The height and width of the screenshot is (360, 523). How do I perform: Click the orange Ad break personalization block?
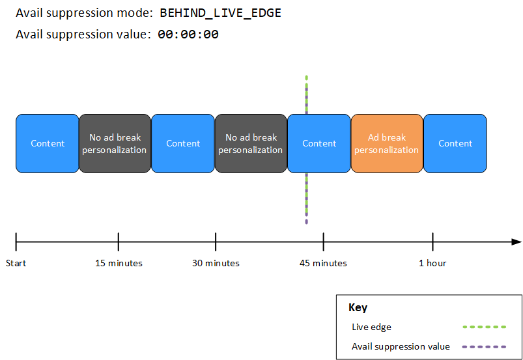(386, 144)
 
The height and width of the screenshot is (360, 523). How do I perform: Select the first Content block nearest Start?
(48, 144)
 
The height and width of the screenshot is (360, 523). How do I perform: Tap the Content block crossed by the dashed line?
(319, 144)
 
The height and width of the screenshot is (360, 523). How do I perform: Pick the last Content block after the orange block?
(455, 144)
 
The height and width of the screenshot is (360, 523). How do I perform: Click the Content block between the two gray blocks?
(183, 144)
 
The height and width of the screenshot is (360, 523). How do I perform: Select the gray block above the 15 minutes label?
(115, 144)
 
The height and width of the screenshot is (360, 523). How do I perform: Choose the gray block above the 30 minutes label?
(250, 144)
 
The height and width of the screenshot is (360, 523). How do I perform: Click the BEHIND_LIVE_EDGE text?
(220, 13)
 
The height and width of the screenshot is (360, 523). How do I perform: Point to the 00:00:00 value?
(188, 35)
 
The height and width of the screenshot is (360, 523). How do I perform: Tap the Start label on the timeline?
(16, 264)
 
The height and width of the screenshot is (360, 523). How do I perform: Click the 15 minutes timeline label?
(119, 264)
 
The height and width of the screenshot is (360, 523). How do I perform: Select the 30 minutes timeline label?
(216, 264)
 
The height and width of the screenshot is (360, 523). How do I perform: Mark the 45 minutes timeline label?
(323, 264)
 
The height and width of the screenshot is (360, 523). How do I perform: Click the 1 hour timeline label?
(432, 264)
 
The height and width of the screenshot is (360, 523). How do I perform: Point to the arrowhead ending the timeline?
(516, 242)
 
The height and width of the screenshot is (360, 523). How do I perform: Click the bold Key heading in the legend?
(358, 308)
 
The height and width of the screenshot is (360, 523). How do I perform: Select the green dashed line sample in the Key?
(483, 327)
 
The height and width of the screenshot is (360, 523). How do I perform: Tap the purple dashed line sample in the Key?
(483, 346)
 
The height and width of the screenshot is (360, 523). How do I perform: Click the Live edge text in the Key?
(371, 327)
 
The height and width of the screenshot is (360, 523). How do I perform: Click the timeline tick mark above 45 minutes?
(323, 242)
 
